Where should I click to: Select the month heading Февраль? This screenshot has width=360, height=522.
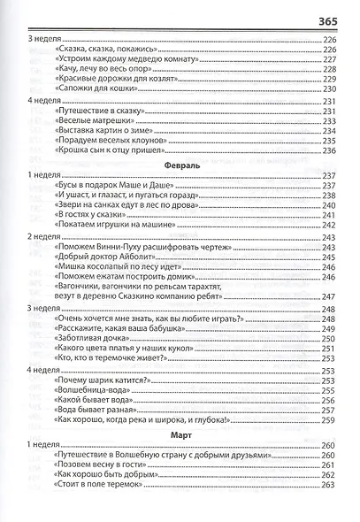click(x=181, y=165)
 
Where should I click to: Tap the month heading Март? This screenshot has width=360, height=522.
click(x=181, y=435)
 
